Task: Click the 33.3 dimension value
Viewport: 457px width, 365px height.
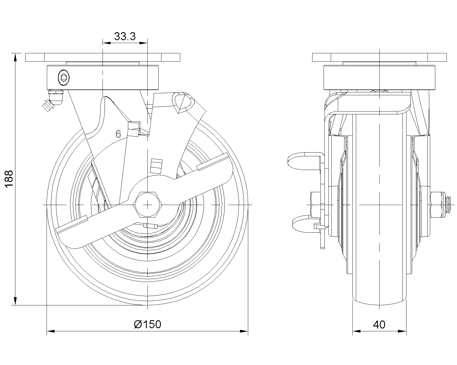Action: click(125, 36)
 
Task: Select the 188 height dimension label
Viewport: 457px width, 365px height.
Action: click(9, 179)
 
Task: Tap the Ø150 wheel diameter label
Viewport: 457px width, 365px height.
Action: click(147, 324)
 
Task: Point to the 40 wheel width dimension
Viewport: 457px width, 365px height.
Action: click(379, 325)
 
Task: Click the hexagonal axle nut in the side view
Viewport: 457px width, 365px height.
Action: click(147, 205)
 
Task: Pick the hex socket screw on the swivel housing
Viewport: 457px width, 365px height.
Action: click(64, 78)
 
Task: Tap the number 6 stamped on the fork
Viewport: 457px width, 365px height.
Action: click(118, 134)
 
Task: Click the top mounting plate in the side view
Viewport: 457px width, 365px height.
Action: click(379, 57)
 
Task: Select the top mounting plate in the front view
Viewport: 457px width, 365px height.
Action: click(103, 57)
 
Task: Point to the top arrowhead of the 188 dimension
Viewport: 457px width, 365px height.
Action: click(15, 57)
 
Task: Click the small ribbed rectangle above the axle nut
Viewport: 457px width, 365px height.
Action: click(156, 166)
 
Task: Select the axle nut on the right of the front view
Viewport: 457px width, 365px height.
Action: click(437, 205)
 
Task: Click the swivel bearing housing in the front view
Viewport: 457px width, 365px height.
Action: click(103, 77)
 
